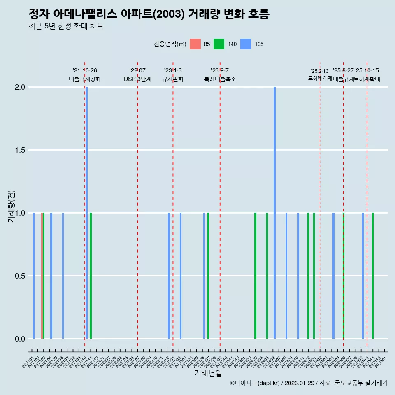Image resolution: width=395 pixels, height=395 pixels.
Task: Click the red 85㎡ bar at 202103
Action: [42, 276]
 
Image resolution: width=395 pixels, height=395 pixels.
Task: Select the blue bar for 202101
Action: [34, 276]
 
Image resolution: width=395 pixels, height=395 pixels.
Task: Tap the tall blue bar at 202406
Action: [274, 213]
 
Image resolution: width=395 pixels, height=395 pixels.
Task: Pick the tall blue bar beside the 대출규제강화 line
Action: [86, 213]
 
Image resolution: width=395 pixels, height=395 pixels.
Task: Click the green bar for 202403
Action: [255, 276]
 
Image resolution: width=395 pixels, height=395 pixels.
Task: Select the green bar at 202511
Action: [373, 276]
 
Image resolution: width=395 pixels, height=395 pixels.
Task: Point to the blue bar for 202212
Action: [169, 276]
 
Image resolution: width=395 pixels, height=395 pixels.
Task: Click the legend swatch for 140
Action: [219, 44]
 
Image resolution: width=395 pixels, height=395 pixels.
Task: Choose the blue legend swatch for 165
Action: [246, 44]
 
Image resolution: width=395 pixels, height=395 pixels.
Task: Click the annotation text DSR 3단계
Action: [137, 79]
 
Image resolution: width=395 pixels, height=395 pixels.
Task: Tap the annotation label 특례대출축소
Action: [220, 79]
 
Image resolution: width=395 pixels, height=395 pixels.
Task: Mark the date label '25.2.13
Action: [320, 71]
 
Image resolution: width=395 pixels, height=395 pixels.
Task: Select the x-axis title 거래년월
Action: [208, 374]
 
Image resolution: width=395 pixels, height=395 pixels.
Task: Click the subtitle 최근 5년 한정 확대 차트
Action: [66, 26]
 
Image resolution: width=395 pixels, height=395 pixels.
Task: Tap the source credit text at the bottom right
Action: [309, 383]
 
